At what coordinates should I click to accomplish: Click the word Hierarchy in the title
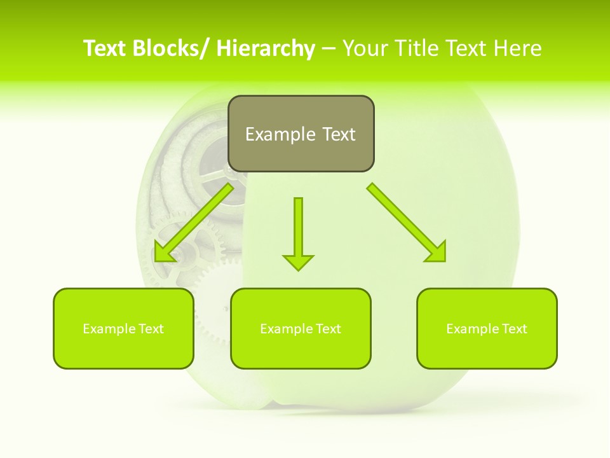265,48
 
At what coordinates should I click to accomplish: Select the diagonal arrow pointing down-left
193,223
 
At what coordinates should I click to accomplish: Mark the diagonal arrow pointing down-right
407,222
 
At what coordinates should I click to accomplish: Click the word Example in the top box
280,134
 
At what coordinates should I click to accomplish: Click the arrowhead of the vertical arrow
298,261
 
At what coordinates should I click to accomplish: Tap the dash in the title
329,49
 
